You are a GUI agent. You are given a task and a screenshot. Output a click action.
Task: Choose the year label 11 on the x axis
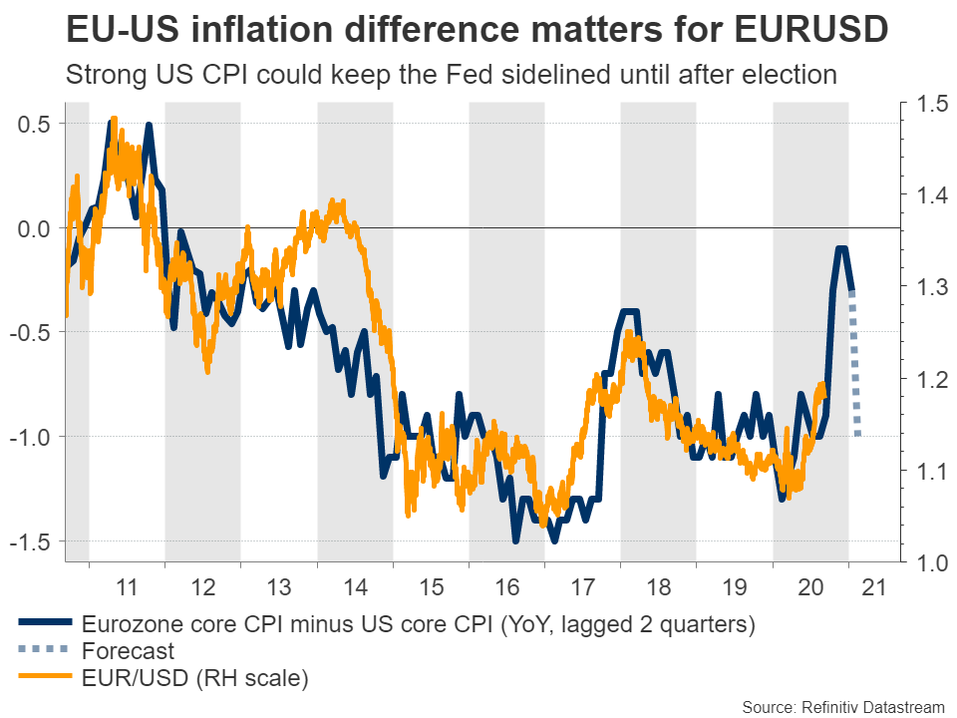tap(127, 586)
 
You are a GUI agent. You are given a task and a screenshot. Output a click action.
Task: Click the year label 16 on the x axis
tap(506, 586)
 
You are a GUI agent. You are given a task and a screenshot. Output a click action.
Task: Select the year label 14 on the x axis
tap(355, 586)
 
